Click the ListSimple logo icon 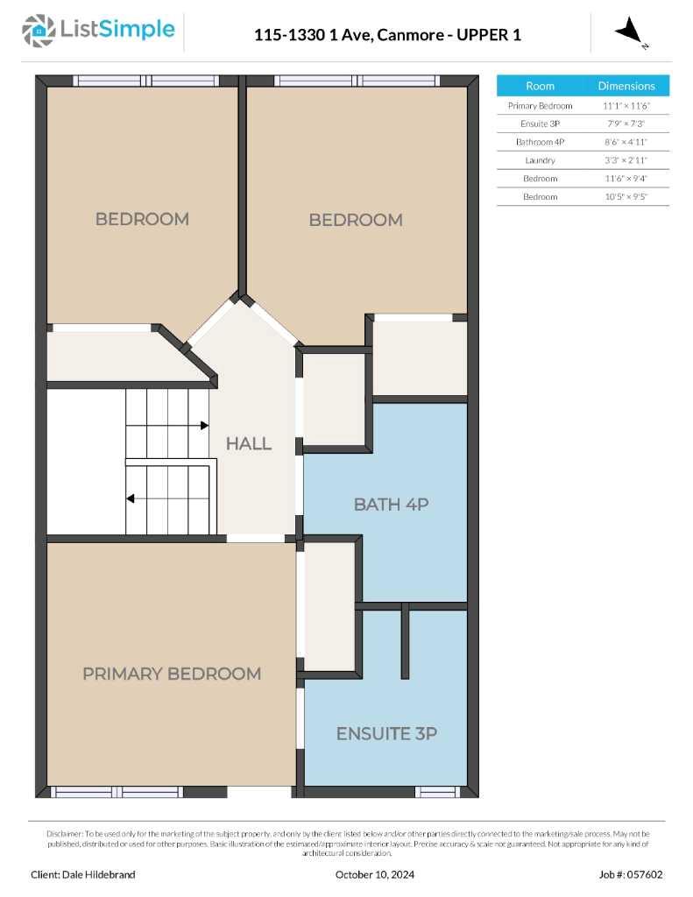(39, 30)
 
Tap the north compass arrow (629, 32)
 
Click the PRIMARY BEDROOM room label (172, 674)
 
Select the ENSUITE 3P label (386, 734)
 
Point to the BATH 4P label (391, 505)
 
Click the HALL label (249, 443)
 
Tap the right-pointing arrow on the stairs (204, 426)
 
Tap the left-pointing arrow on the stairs (130, 499)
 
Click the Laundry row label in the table (540, 160)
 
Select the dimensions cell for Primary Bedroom (626, 105)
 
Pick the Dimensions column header (626, 86)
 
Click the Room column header (540, 86)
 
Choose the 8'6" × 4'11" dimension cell (626, 142)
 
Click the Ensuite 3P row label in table (540, 124)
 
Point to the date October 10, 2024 (375, 874)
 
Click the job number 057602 (649, 874)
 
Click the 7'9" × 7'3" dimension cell (626, 124)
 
